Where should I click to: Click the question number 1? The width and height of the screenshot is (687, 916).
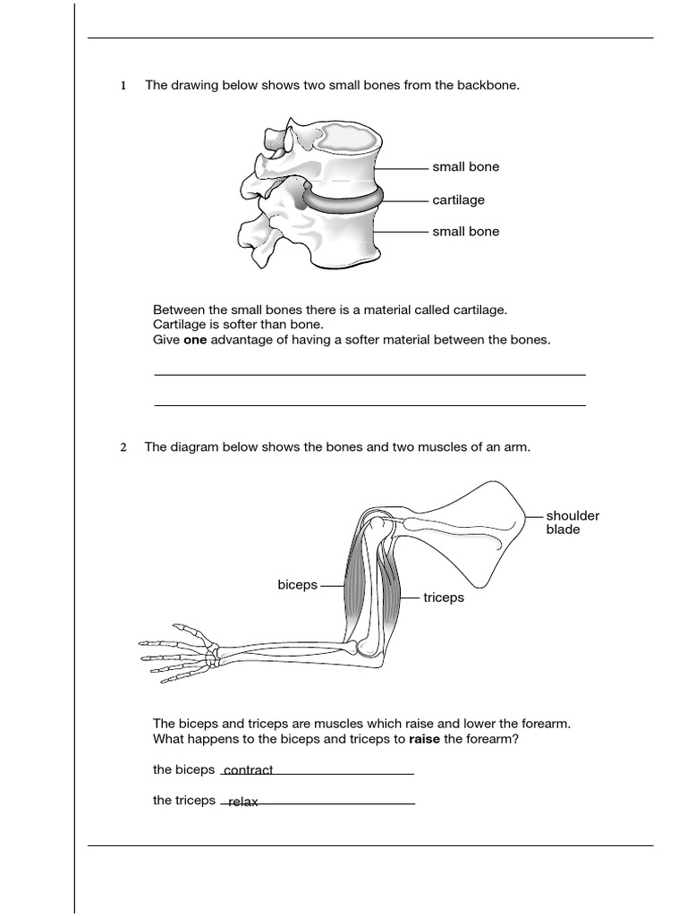click(123, 86)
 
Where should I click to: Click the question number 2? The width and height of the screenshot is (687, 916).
click(123, 447)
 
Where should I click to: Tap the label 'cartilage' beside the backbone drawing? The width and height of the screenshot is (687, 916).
click(458, 200)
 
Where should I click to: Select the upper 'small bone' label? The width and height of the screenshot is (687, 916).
click(465, 167)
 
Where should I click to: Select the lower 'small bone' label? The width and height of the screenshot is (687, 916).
click(465, 232)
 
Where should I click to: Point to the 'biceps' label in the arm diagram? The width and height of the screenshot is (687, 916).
click(297, 585)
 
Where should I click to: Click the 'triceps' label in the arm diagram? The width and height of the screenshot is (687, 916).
click(444, 598)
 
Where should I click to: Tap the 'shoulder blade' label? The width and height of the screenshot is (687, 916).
click(572, 522)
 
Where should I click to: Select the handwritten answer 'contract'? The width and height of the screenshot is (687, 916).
click(248, 770)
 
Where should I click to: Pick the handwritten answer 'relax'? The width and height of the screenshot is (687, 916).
click(242, 802)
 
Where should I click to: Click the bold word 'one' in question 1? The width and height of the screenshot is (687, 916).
click(195, 340)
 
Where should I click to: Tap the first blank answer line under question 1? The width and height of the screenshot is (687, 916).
click(369, 374)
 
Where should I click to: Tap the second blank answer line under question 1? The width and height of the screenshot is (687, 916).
click(369, 405)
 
